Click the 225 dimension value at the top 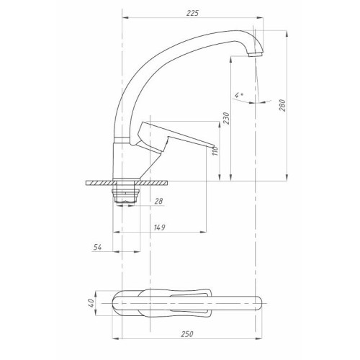pyautogui.click(x=192, y=13)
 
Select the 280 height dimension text pyautogui.click(x=282, y=105)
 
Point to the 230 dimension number pyautogui.click(x=226, y=118)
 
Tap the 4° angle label pyautogui.click(x=238, y=95)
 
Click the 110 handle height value pyautogui.click(x=215, y=151)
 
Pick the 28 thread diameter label pyautogui.click(x=158, y=201)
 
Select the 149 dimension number pyautogui.click(x=160, y=227)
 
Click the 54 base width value pyautogui.click(x=97, y=247)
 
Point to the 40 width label pyautogui.click(x=91, y=303)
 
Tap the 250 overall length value pyautogui.click(x=187, y=334)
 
